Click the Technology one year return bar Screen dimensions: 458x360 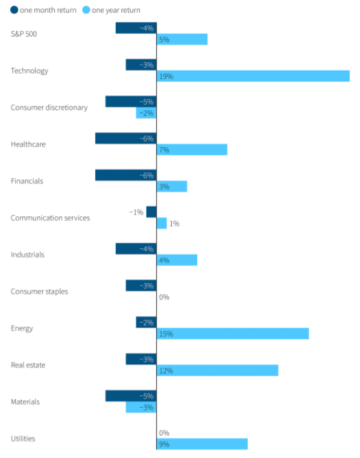pyautogui.click(x=253, y=76)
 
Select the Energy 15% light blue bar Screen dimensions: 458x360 pyautogui.click(x=232, y=334)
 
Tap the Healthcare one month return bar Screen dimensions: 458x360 pyautogui.click(x=126, y=138)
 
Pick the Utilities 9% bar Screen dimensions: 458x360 pyautogui.click(x=202, y=444)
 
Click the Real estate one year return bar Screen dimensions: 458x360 pyautogui.click(x=217, y=371)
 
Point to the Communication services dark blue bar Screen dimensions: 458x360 pyautogui.click(x=151, y=212)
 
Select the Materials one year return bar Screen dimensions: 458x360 pyautogui.click(x=141, y=407)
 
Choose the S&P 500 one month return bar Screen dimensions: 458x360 pyautogui.click(x=136, y=28)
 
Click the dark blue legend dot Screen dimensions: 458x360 pyautogui.click(x=14, y=10)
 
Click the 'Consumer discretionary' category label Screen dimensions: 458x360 pyautogui.click(x=49, y=107)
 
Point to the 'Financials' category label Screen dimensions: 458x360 pyautogui.click(x=27, y=181)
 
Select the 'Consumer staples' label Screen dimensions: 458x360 pyautogui.click(x=39, y=291)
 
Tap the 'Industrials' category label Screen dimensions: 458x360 pyautogui.click(x=27, y=255)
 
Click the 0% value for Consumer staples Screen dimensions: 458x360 pyautogui.click(x=164, y=297)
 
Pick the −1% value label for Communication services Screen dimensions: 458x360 pyautogui.click(x=136, y=212)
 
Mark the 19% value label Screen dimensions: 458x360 pyautogui.click(x=166, y=76)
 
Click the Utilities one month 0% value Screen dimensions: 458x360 pyautogui.click(x=164, y=433)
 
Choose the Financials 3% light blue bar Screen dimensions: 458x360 pyautogui.click(x=172, y=187)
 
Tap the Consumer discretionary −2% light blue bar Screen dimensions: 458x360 pyautogui.click(x=146, y=113)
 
